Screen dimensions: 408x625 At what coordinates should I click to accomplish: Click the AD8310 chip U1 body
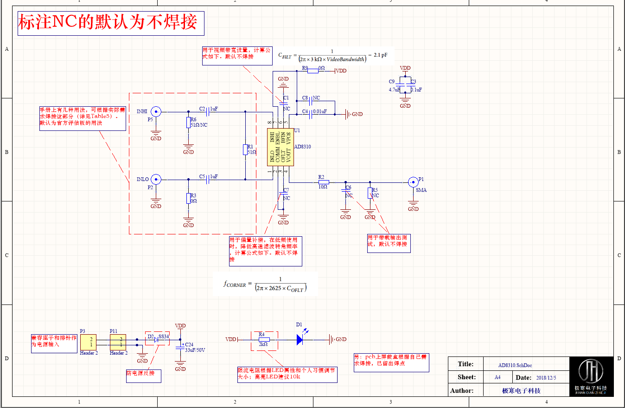(x=280, y=147)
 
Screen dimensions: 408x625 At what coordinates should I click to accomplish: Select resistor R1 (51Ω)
(x=245, y=149)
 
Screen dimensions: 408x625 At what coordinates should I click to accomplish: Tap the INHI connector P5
(x=156, y=111)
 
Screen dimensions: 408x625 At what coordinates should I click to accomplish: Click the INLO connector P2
(x=156, y=179)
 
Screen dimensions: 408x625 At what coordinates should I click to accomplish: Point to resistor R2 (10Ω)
(x=323, y=182)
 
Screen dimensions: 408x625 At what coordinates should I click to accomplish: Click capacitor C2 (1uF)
(x=207, y=111)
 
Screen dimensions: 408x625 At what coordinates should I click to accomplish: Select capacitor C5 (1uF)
(x=207, y=179)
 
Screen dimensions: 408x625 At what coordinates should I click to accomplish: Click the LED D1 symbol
(x=300, y=339)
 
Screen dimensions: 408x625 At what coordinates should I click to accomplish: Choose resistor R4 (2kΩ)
(x=263, y=339)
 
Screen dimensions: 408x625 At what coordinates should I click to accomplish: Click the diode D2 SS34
(x=156, y=340)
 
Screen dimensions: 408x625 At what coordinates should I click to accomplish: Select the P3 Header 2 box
(x=89, y=342)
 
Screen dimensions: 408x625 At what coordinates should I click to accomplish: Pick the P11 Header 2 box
(x=118, y=342)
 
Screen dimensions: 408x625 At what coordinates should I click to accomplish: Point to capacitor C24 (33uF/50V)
(x=180, y=346)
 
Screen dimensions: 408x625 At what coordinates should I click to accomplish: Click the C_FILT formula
(x=332, y=56)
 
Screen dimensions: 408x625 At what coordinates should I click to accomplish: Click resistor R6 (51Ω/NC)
(x=188, y=123)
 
